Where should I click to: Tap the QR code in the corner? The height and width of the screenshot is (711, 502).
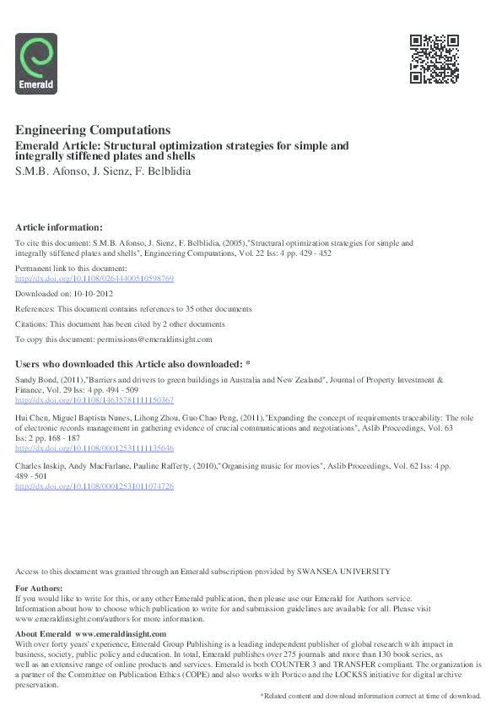[434, 59]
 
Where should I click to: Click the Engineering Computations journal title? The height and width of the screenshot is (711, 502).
[93, 130]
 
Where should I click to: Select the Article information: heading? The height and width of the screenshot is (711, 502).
[59, 227]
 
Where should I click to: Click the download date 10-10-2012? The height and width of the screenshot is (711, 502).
[90, 293]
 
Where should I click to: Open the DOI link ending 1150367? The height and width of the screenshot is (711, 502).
[94, 400]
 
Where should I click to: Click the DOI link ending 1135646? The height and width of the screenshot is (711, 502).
[94, 448]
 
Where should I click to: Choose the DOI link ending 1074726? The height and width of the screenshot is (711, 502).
[94, 487]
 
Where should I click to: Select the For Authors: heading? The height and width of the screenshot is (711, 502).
[39, 588]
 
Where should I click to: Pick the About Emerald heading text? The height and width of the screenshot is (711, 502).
[44, 633]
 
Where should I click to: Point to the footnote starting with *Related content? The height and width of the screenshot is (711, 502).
[370, 696]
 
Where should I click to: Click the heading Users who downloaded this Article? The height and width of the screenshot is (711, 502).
[133, 364]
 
